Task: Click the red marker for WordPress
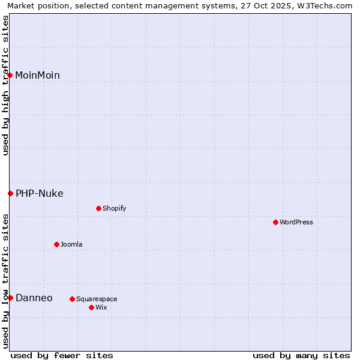(275, 222)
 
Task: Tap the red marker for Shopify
(98, 208)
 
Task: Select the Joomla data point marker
(56, 244)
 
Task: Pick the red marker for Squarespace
(72, 299)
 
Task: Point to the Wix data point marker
(91, 307)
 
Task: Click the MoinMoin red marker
(10, 75)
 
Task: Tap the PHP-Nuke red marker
(10, 193)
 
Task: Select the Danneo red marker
(10, 298)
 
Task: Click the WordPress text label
(296, 222)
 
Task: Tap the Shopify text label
(115, 208)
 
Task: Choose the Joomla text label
(71, 244)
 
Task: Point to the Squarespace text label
(97, 299)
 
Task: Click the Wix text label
(101, 307)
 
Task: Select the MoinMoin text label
(37, 75)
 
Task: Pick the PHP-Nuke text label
(39, 193)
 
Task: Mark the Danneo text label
(34, 298)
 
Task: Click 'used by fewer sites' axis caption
(62, 355)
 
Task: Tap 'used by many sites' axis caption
(301, 355)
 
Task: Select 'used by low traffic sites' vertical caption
(5, 281)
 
